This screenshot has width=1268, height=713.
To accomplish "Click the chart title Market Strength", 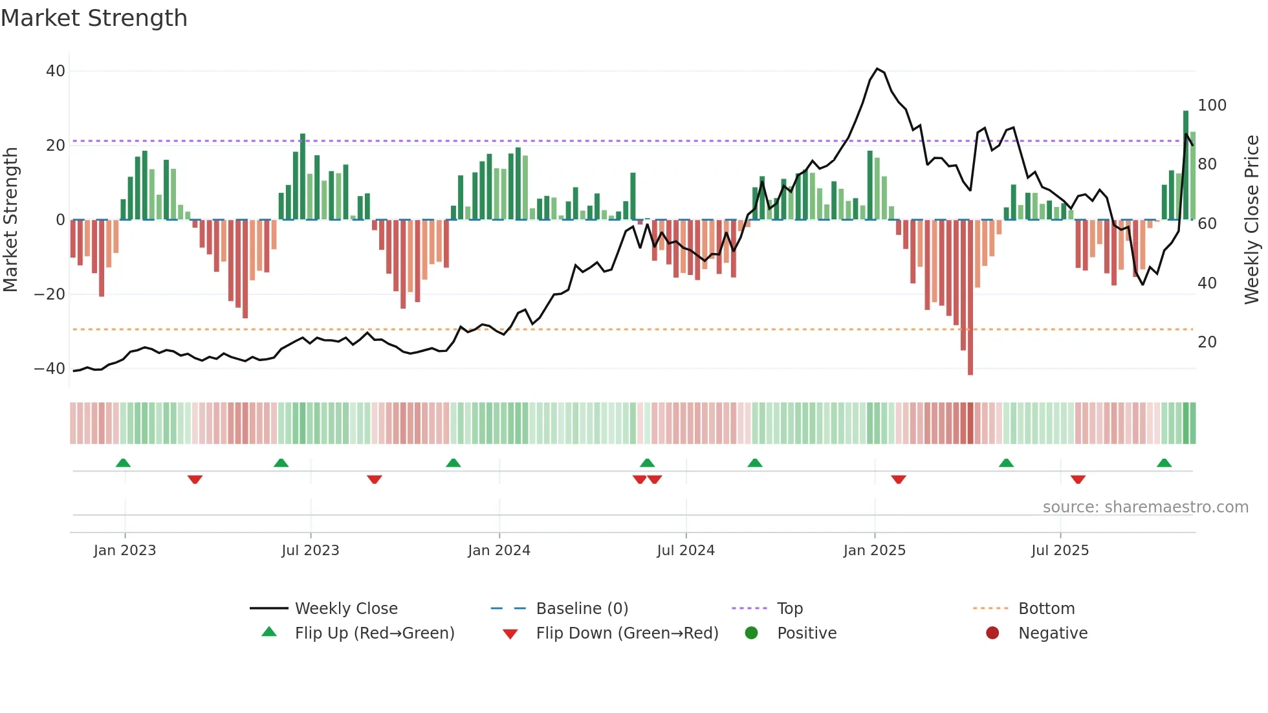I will tap(94, 18).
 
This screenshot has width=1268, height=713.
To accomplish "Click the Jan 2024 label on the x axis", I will tap(499, 551).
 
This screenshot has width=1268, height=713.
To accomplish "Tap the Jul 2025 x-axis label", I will tap(1060, 551).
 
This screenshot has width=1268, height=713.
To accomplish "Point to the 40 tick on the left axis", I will tap(56, 71).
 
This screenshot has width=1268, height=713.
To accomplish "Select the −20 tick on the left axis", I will tap(50, 294).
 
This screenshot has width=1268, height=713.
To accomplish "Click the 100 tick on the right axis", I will tap(1212, 105).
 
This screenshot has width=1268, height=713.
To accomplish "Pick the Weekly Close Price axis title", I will tap(1252, 220).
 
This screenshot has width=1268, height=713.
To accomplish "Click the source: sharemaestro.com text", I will tap(1145, 507).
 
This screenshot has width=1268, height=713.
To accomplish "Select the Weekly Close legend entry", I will tap(346, 609).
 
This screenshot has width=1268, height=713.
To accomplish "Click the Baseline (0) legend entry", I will tap(582, 609).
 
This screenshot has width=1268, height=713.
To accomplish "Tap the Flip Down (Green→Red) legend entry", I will tap(627, 633).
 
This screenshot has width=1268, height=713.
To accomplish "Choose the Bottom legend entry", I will tap(1046, 609).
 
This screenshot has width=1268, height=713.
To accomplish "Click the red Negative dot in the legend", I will tap(992, 633).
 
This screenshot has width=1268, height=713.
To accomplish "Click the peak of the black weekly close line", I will tap(877, 69).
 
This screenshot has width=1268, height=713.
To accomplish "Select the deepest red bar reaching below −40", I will tap(970, 298).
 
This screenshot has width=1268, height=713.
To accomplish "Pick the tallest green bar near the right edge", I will tap(1186, 165).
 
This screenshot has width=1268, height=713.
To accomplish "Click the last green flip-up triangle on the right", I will tap(1164, 463).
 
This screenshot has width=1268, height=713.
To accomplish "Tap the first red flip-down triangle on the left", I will tap(195, 479).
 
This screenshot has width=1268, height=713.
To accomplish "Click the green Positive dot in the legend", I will tap(751, 633).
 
